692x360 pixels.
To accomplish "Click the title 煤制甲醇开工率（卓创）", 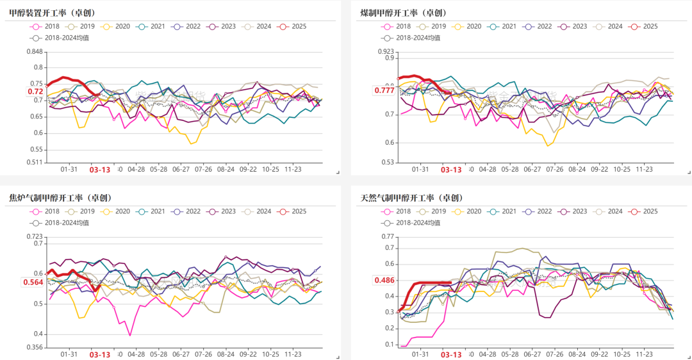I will point(404,12).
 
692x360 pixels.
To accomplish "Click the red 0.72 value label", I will point(35,92).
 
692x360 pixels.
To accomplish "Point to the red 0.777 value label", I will point(384,90).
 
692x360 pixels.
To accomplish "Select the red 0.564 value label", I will point(33,282).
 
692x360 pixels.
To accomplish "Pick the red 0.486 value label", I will point(384,281).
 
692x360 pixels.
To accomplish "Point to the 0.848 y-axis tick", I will point(35,53).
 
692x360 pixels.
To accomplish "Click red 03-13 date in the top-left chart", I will point(99,170).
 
